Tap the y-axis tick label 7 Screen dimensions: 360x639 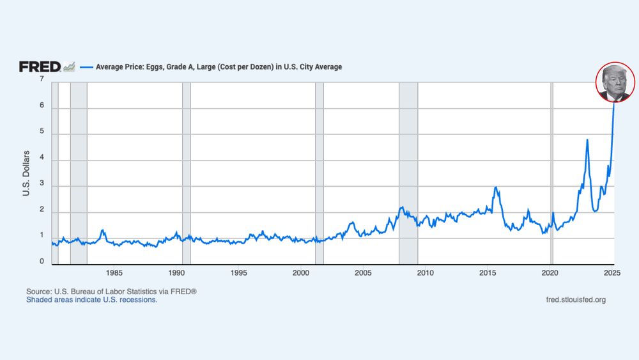point(42,79)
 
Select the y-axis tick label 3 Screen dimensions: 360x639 point(42,186)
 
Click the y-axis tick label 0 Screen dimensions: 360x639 point(42,262)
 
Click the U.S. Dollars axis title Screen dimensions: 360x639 point(27,173)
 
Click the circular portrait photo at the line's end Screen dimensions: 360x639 point(615,82)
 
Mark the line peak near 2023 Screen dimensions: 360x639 point(587,140)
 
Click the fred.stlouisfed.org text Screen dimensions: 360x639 point(576,300)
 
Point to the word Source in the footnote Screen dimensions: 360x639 point(38,292)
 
